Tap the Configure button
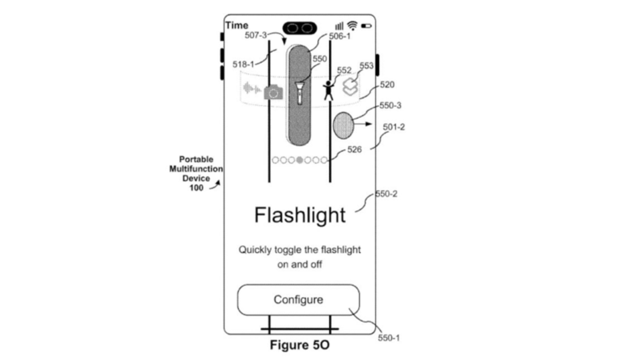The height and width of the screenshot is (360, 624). click(x=298, y=300)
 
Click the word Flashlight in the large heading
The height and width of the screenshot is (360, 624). click(x=300, y=215)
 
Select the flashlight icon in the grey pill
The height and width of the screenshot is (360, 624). click(x=300, y=91)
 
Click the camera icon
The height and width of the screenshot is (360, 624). click(x=273, y=92)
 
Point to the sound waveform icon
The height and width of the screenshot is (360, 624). click(x=251, y=89)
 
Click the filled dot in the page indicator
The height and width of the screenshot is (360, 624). click(x=300, y=160)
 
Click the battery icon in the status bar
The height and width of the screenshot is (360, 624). click(x=367, y=25)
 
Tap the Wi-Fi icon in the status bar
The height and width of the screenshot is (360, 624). click(x=352, y=25)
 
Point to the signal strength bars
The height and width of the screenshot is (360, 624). click(x=339, y=25)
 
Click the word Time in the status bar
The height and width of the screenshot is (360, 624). click(x=236, y=25)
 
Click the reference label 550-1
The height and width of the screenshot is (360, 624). click(x=389, y=339)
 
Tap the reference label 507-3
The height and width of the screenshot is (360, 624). click(x=255, y=35)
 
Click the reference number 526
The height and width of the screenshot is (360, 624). click(x=354, y=150)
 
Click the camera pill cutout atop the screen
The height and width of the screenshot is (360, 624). click(x=300, y=28)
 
